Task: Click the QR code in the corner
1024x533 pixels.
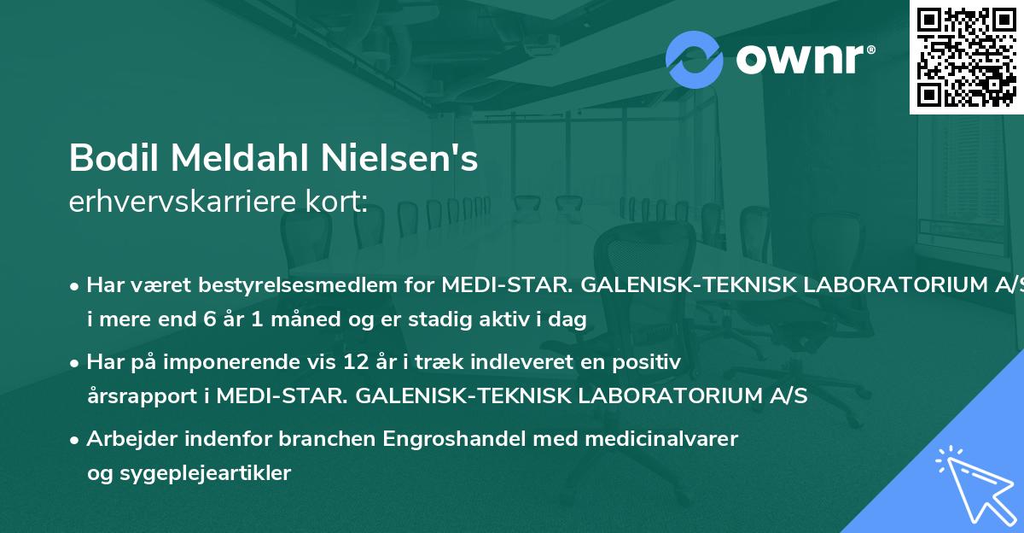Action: point(966,56)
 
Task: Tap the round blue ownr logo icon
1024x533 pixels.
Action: point(695,59)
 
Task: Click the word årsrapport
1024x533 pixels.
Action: point(144,396)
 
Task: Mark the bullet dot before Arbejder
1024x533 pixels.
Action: point(75,440)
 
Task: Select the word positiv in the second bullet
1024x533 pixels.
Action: point(649,363)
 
